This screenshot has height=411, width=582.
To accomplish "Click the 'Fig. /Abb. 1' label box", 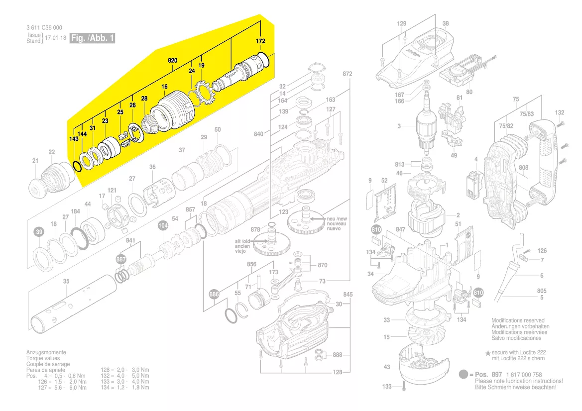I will pyautogui.click(x=93, y=38).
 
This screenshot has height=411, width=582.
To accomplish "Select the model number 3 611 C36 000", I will pyautogui.click(x=44, y=28).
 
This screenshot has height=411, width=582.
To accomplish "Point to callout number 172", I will pyautogui.click(x=260, y=41).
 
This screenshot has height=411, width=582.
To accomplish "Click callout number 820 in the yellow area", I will pyautogui.click(x=172, y=60).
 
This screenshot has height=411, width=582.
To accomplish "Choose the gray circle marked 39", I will pyautogui.click(x=38, y=232).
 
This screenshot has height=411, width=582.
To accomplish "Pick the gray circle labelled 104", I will pyautogui.click(x=163, y=225).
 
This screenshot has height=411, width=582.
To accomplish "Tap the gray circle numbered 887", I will pyautogui.click(x=121, y=260).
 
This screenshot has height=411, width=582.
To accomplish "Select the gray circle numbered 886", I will pyautogui.click(x=214, y=294).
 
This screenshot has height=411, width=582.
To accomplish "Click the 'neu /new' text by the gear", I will pyautogui.click(x=338, y=219).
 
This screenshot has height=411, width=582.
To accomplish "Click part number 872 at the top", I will pyautogui.click(x=348, y=74).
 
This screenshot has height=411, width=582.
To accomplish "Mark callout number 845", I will pyautogui.click(x=348, y=295).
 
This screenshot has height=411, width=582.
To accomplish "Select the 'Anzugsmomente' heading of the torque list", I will pyautogui.click(x=46, y=352).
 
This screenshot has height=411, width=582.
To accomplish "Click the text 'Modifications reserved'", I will pyautogui.click(x=518, y=320).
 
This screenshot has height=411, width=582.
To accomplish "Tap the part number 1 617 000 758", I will pyautogui.click(x=524, y=375).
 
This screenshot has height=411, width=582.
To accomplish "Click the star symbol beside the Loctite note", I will pyautogui.click(x=488, y=352).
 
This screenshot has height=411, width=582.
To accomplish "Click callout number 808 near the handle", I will pyautogui.click(x=523, y=168).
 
